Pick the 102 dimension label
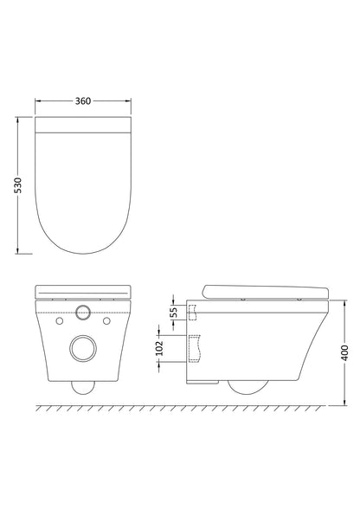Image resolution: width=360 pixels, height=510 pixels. coord(158,347)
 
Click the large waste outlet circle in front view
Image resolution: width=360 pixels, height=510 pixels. coord(84,348)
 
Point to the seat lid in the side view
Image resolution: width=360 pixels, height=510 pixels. coord(264,292)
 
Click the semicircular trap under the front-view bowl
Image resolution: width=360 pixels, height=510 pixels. coord(84,386)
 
